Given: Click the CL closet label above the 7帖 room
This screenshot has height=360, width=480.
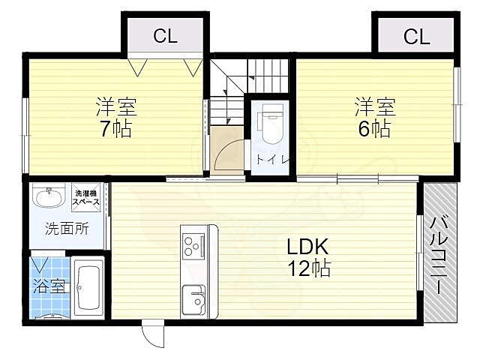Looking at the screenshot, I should click(166, 35).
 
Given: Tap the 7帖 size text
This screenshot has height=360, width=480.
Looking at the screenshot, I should click(116, 129).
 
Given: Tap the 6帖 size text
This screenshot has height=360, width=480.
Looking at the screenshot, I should click(373, 129).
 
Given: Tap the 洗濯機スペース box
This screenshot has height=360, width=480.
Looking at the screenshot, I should click(87, 199).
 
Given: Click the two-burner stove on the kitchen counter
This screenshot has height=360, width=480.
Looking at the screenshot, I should click(192, 244).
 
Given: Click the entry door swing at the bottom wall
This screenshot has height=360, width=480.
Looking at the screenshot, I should click(152, 334).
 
